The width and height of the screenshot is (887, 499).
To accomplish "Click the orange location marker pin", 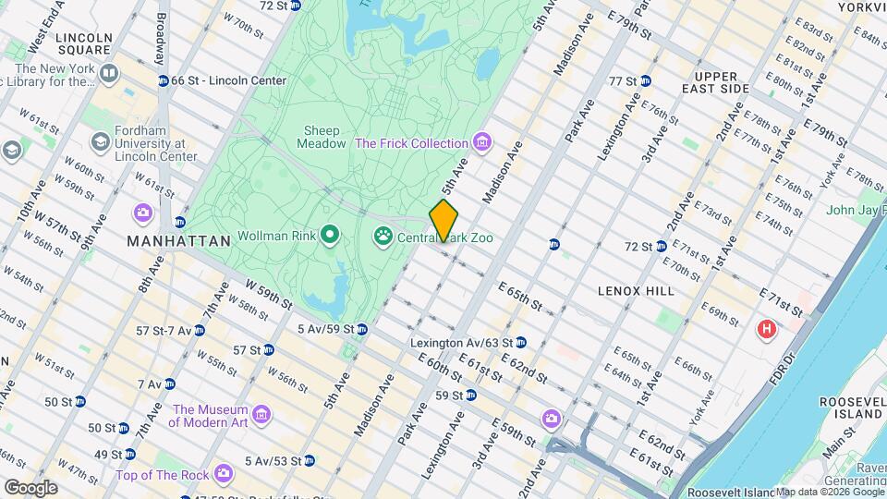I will [443, 219].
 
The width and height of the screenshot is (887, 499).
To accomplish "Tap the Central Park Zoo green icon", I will [383, 237].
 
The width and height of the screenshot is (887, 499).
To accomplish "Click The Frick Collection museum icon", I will [480, 143].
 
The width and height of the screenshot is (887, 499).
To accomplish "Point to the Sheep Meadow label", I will [319, 137].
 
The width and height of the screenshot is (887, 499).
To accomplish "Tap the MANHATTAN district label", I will [178, 241].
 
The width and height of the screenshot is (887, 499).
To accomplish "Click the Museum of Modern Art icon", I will [261, 416].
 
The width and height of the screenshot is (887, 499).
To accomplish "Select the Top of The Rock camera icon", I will [223, 475].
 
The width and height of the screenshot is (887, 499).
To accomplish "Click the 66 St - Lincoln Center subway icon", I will [164, 80].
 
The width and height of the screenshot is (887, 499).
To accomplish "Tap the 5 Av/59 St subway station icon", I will [362, 329].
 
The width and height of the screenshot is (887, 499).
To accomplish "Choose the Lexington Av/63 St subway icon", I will [521, 343].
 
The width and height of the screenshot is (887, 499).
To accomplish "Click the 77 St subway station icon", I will [646, 81].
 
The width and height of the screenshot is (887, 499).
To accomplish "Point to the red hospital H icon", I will [766, 329].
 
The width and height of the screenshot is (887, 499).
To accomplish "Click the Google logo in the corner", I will [30, 487].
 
